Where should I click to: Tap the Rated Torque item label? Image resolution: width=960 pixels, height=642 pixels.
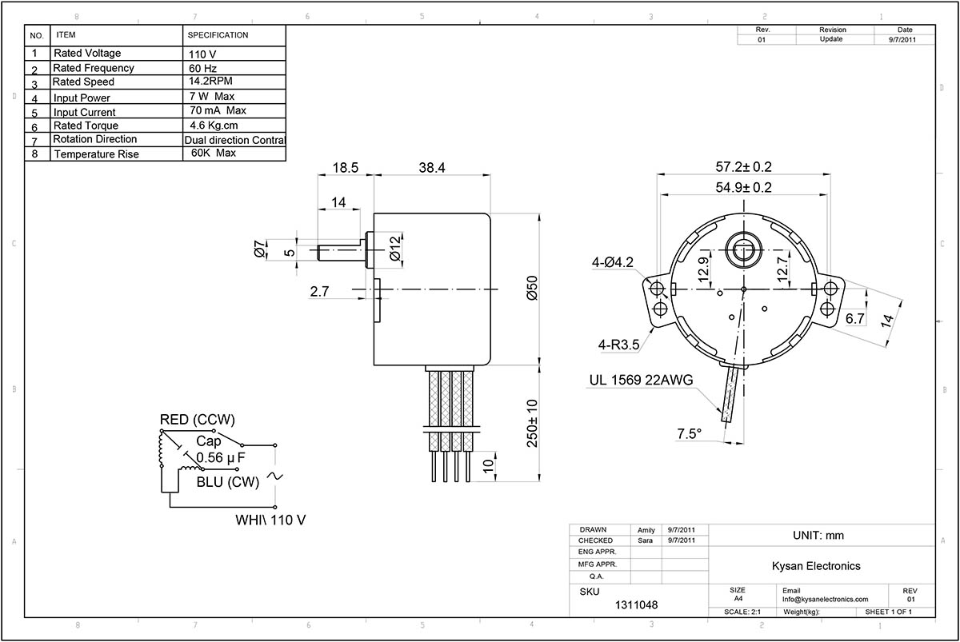[x=86, y=126]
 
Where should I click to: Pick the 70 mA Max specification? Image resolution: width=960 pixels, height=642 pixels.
[x=218, y=111]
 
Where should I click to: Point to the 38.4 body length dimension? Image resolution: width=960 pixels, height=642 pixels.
[x=431, y=169]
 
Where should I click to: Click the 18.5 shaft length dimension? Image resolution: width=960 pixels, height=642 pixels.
[x=345, y=169]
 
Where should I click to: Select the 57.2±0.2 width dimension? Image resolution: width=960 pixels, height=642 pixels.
[x=743, y=167]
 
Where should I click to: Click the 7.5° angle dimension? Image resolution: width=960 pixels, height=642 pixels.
[x=689, y=433]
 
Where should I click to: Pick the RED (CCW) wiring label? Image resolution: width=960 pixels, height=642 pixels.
[x=198, y=420]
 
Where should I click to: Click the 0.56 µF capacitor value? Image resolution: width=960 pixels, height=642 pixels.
[x=221, y=457]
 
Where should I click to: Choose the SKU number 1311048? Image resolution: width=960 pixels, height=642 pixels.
[x=638, y=605]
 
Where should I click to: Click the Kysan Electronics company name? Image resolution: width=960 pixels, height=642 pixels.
[x=815, y=566]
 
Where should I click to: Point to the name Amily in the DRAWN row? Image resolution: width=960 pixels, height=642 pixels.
[x=646, y=530]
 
